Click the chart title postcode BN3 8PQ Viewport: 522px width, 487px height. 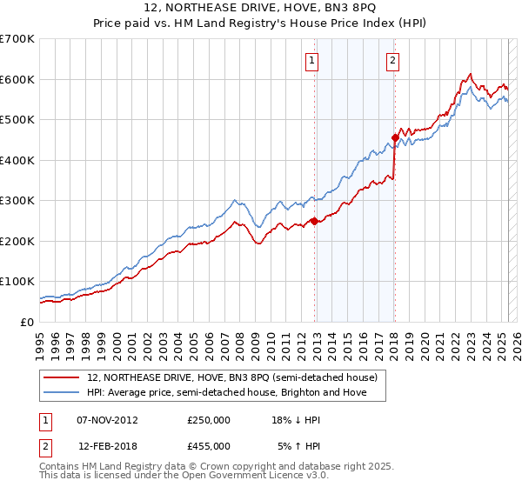[346, 9]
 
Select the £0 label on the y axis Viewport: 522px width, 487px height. [27, 322]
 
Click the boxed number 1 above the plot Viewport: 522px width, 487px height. [311, 61]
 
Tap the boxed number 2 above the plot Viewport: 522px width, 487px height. [392, 61]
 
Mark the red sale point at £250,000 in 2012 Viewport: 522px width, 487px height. [314, 221]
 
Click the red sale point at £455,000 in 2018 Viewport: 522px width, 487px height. [395, 137]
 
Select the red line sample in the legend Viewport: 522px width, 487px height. [62, 378]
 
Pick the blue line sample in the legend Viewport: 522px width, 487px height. [62, 393]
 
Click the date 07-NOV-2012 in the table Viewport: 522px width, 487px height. [108, 420]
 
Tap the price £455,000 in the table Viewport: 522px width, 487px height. [209, 445]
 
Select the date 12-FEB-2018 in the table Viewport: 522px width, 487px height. [108, 445]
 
